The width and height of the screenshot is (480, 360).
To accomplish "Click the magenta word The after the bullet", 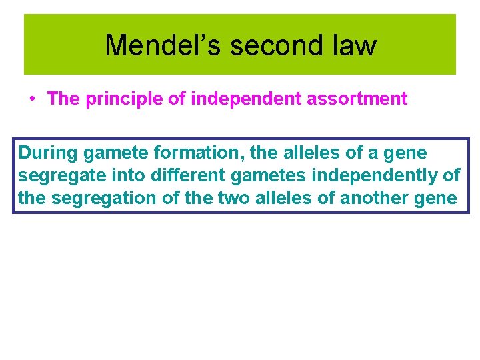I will [x=63, y=99].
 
